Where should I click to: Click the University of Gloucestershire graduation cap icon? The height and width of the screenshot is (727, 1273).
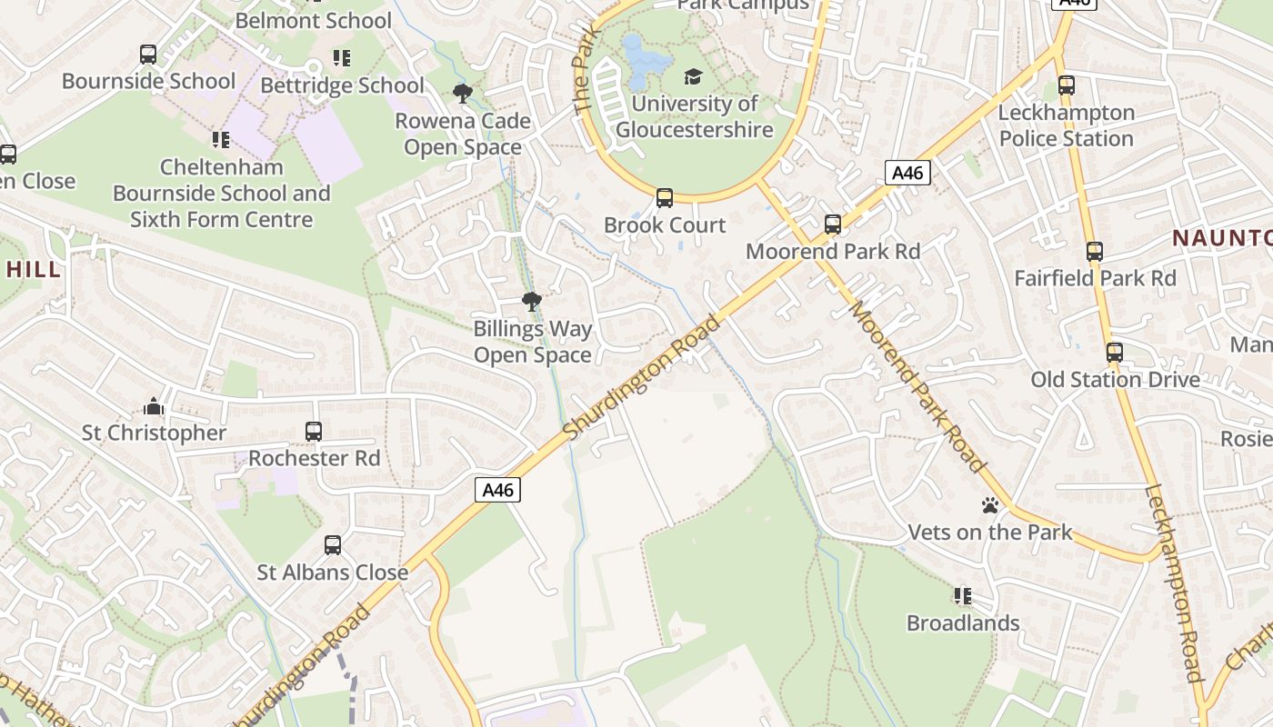(x=694, y=76)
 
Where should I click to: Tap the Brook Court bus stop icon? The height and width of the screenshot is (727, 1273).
(x=665, y=197)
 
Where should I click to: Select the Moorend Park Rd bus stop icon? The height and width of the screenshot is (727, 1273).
(x=832, y=224)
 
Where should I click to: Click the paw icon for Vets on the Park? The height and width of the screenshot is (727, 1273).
(x=990, y=505)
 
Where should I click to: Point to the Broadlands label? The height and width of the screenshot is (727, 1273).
(x=963, y=623)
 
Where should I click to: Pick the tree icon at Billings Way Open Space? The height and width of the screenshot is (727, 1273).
(x=532, y=301)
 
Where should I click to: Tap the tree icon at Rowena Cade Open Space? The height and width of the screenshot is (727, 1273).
(x=463, y=93)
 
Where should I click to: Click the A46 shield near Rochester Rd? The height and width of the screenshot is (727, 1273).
(x=497, y=491)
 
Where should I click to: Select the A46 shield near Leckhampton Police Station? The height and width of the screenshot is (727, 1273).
(x=907, y=173)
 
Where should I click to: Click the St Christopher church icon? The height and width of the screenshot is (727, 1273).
(x=153, y=405)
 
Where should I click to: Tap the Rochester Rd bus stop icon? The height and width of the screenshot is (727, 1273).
(x=314, y=431)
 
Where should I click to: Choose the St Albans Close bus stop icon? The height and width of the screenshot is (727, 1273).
(x=333, y=545)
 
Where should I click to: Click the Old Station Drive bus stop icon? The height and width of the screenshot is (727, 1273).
(x=1114, y=353)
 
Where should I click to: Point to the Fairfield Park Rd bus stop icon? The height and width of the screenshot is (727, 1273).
(x=1095, y=252)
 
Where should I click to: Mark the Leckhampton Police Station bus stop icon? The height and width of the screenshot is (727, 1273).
(x=1066, y=85)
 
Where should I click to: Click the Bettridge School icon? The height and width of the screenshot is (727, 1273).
(x=342, y=58)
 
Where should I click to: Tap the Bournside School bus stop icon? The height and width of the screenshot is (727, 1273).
(x=148, y=55)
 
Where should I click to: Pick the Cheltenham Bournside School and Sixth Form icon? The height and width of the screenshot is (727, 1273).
(x=221, y=140)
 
